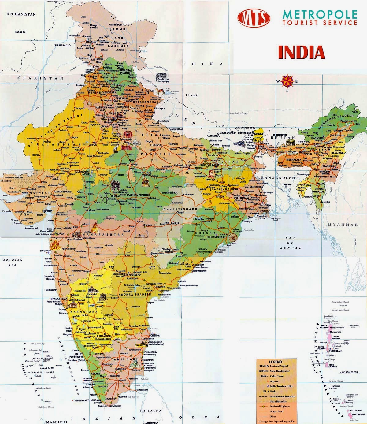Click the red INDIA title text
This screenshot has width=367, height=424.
301,52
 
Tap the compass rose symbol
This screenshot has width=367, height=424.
287,81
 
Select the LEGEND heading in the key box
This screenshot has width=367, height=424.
276,362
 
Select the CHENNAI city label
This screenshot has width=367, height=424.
155,335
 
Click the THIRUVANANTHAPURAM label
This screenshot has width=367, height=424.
86,400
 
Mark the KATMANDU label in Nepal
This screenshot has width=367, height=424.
213,136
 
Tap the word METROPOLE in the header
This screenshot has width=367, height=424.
320,14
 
